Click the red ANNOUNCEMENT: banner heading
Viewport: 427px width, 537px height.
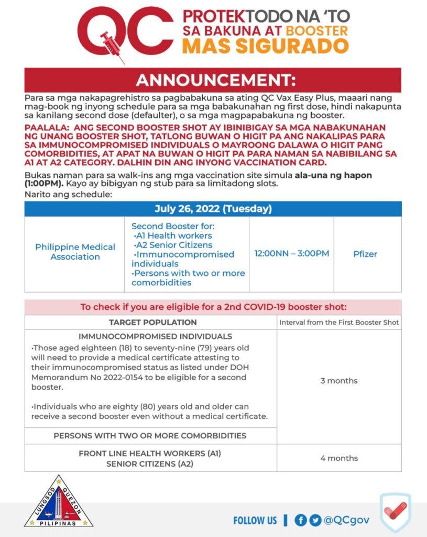tap(213, 81)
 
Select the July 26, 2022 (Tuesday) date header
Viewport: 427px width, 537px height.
tap(213, 209)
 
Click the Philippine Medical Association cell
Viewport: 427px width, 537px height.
tap(75, 252)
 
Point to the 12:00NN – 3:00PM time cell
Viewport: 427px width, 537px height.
tap(291, 254)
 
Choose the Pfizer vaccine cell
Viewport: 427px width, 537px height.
tap(365, 254)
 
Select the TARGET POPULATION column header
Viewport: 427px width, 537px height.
tap(152, 322)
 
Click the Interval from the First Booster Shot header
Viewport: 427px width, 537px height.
tap(339, 322)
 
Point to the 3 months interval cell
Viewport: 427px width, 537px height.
tap(339, 381)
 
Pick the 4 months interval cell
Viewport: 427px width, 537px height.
tap(339, 458)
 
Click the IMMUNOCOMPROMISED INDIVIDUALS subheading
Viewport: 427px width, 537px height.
tap(155, 336)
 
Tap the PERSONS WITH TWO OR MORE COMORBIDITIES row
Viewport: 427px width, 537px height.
tap(150, 436)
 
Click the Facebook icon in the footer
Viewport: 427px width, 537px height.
tap(300, 520)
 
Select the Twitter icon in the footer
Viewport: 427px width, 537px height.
tap(315, 520)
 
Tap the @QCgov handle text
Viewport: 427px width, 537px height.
tap(346, 520)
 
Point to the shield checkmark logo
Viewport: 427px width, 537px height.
tap(395, 511)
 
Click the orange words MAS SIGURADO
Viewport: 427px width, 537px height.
tap(265, 46)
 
